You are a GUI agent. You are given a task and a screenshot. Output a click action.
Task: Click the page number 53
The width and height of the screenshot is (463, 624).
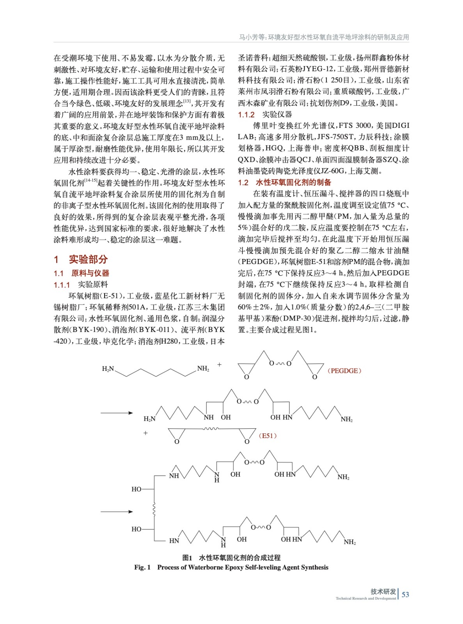click(x=405, y=594)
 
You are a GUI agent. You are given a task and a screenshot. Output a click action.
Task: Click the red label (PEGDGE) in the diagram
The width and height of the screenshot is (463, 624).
click(x=344, y=371)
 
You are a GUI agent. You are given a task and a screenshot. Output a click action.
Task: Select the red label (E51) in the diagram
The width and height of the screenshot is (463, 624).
click(x=268, y=436)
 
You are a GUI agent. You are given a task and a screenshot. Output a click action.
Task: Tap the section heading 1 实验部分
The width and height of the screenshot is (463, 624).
click(x=81, y=259)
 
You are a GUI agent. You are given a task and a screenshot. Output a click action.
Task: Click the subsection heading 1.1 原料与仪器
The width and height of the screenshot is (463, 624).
click(x=82, y=273)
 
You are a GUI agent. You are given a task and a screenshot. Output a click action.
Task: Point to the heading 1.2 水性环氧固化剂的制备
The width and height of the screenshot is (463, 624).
click(x=284, y=182)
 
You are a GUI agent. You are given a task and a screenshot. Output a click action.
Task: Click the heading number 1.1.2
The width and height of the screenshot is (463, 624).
click(x=246, y=115)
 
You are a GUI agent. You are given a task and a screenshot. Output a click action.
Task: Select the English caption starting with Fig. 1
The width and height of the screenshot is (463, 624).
click(x=231, y=567)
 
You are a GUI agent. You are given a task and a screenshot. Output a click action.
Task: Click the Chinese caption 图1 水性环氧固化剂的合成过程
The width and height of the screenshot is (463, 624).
click(x=231, y=558)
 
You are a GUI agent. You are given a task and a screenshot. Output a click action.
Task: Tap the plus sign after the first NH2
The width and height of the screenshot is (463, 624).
click(x=220, y=365)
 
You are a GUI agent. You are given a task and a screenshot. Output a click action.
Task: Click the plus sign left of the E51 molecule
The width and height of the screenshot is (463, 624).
click(x=145, y=433)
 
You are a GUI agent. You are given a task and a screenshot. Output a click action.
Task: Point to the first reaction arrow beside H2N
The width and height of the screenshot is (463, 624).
click(x=117, y=413)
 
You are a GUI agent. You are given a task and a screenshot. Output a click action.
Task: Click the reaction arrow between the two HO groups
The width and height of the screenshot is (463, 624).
click(x=117, y=512)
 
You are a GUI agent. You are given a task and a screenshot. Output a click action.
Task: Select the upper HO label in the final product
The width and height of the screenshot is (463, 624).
click(x=136, y=489)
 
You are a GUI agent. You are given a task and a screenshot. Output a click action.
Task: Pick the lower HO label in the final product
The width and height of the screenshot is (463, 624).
click(x=136, y=529)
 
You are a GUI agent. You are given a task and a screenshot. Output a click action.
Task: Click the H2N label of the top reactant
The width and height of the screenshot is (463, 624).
click(x=108, y=369)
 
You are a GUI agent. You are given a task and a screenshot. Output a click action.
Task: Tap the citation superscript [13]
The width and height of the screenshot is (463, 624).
click(x=187, y=101)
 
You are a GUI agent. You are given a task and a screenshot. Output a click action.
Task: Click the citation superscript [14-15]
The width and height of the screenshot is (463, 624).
click(x=90, y=180)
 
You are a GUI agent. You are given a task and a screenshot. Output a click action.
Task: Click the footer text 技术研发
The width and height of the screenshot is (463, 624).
click(x=383, y=592)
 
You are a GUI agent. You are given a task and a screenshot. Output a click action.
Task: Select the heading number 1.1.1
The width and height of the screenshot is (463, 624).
click(x=62, y=285)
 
